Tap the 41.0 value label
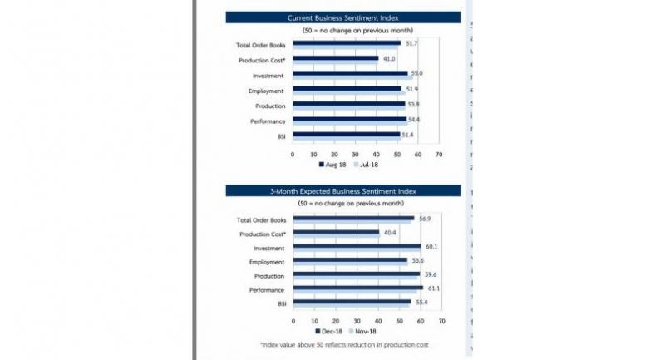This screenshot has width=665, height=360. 389,58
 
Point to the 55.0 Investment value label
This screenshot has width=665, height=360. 416,74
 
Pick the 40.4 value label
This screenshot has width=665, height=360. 389,234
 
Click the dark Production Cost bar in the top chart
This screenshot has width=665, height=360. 335,58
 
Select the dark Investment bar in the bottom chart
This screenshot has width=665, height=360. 357,247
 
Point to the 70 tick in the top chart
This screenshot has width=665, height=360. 438,154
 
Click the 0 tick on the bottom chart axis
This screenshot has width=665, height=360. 293,320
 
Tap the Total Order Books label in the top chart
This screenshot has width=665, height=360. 262,44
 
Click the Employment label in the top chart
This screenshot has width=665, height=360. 267,90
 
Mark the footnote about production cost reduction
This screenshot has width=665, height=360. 342,343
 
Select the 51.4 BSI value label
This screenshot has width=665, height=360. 408,135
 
